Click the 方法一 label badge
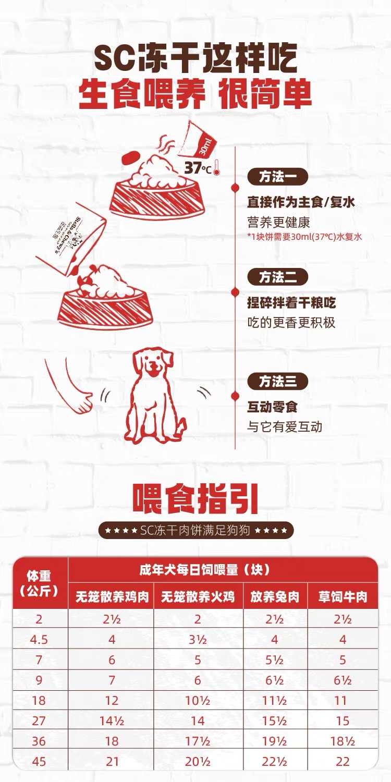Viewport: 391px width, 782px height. (277, 177)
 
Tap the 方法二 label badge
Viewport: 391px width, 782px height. (277, 277)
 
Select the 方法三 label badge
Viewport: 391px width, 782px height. (277, 381)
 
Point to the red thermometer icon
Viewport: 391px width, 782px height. (217, 167)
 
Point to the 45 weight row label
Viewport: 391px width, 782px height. (39, 761)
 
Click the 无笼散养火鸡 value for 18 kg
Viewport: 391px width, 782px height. (198, 700)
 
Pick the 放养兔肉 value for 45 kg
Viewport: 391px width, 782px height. (275, 761)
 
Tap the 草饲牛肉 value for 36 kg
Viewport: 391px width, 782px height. (343, 741)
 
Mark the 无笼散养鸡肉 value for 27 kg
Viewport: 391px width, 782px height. (112, 720)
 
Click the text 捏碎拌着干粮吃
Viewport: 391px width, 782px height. (291, 303)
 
